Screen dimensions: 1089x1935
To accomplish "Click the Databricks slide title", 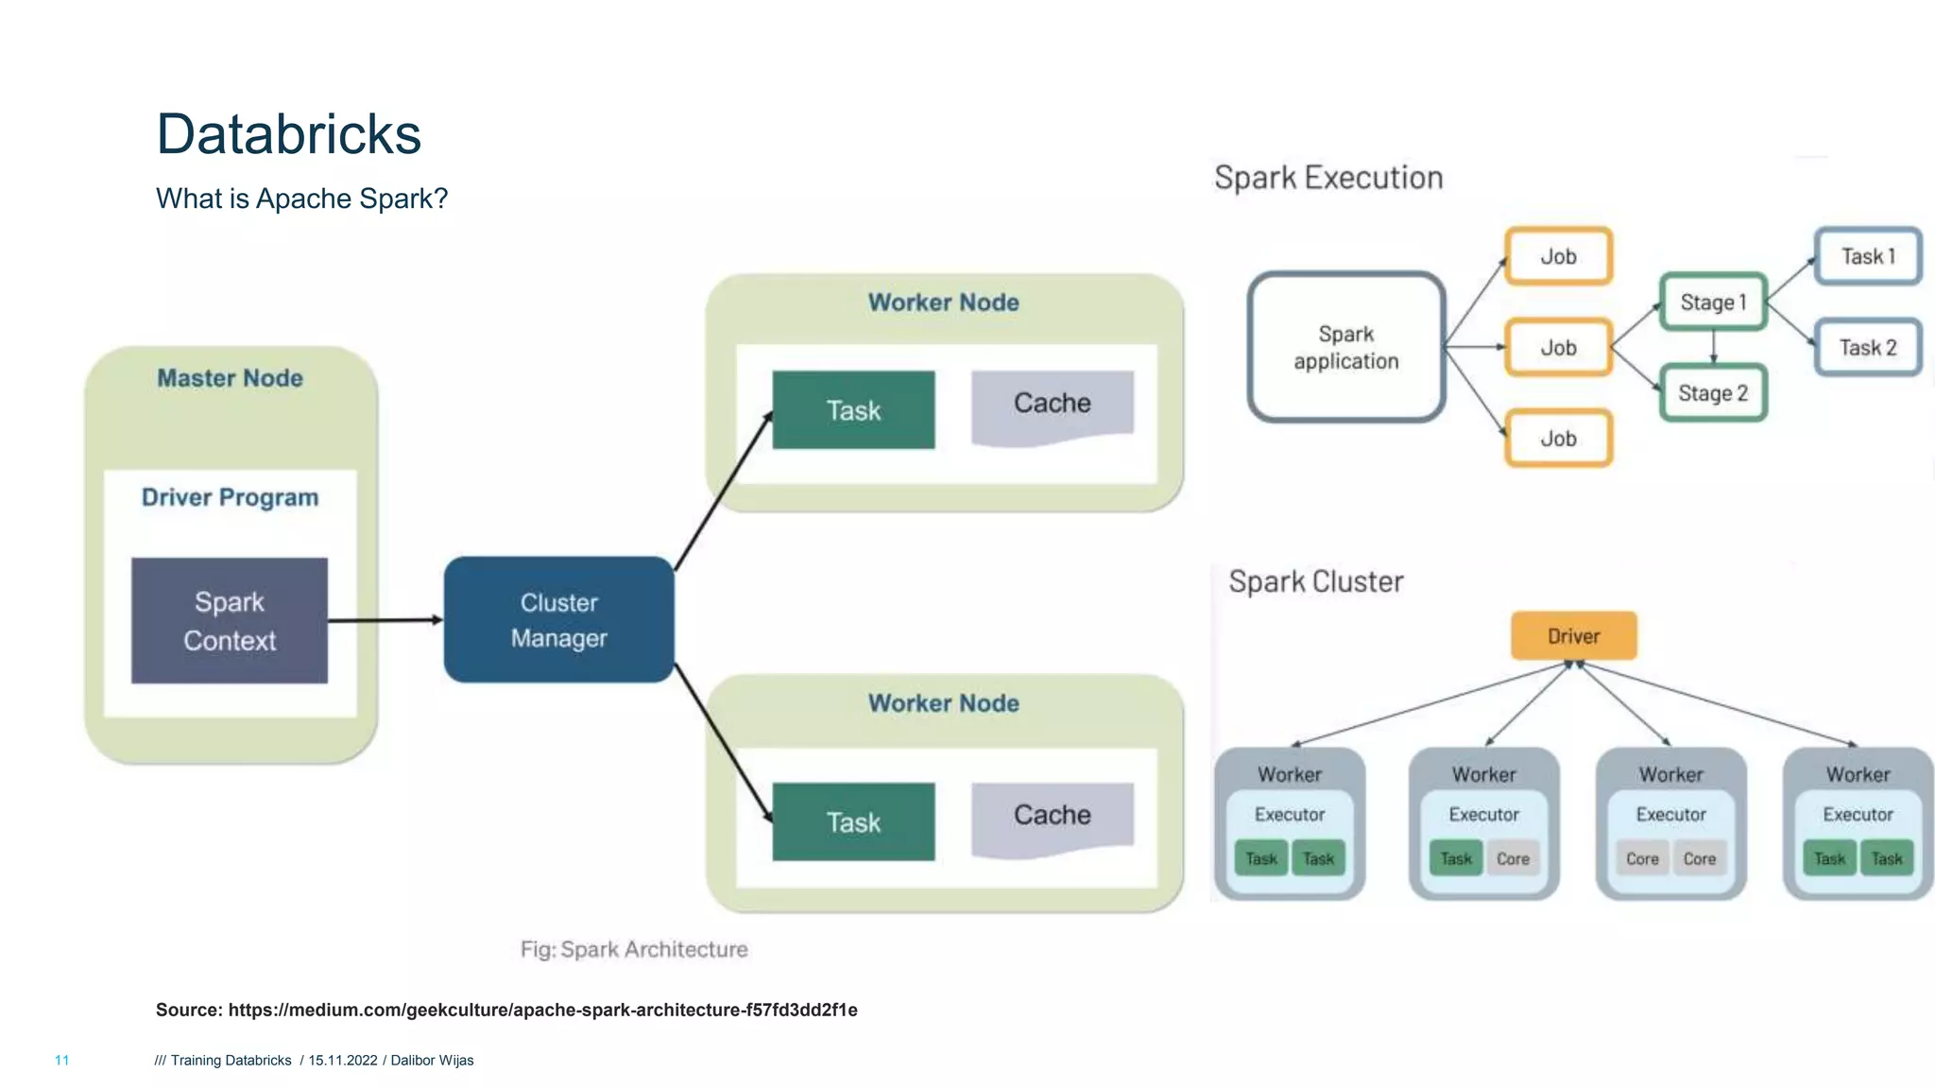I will (288, 133).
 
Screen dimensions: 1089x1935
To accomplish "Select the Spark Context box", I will (230, 620).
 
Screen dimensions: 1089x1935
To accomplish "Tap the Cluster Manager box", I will (558, 620).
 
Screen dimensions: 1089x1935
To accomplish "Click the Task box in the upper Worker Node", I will (853, 410).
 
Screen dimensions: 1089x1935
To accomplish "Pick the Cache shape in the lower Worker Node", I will (1052, 817).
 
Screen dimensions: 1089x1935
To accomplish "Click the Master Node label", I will (230, 378).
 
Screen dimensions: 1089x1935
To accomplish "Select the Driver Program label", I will (230, 497).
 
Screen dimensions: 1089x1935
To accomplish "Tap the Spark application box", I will (1345, 347).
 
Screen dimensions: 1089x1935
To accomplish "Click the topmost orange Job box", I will (1558, 256).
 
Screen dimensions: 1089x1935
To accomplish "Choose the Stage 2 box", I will (1712, 393).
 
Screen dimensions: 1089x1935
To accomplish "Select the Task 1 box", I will (1868, 256).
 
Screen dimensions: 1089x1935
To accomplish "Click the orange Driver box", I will (1573, 636).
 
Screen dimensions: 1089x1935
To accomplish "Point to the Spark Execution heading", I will (1327, 178).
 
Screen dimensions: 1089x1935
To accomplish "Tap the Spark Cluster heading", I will (1315, 581).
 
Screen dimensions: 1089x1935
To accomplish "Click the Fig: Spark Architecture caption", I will (633, 949).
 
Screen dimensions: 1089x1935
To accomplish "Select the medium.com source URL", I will (542, 1010).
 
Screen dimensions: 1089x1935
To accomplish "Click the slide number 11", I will (61, 1061).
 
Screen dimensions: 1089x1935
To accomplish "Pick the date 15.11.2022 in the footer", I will (342, 1061).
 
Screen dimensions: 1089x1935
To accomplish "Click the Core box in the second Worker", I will (1513, 858).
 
